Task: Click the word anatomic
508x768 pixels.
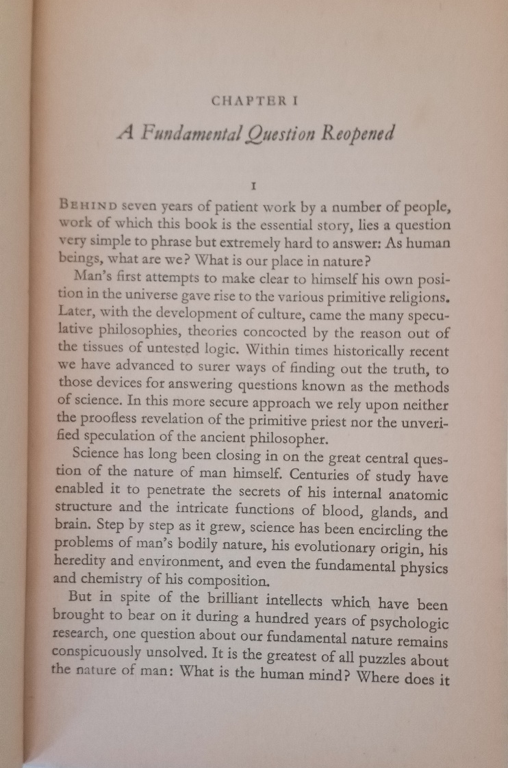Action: [416, 494]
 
